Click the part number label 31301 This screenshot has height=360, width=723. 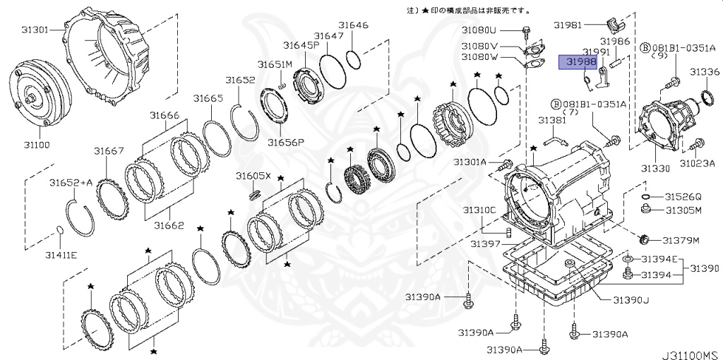35,30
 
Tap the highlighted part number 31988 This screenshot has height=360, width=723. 578,62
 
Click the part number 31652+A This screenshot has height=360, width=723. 71,182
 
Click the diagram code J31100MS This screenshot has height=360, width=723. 689,352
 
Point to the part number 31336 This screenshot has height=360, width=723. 704,72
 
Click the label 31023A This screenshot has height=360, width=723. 698,163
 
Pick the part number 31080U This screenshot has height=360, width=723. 479,30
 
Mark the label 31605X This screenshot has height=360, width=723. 253,175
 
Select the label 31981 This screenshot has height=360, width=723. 567,25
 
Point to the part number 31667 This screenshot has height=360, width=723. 109,150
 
